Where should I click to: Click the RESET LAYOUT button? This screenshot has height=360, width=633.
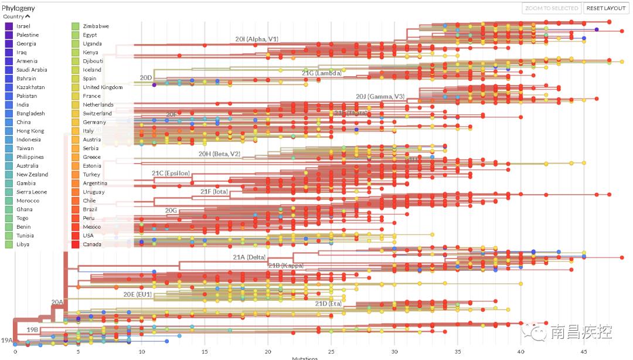pos(606,8)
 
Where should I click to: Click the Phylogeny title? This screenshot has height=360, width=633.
pos(18,8)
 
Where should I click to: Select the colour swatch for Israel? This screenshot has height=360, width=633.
pos(9,26)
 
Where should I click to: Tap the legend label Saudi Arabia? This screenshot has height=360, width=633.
pos(32,70)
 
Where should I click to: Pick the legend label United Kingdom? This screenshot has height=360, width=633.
pos(103,87)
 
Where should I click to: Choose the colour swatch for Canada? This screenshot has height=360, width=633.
pos(76,244)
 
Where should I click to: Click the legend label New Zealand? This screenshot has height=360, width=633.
pos(32,174)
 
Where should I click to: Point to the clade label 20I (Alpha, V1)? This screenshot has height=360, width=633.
pos(256,39)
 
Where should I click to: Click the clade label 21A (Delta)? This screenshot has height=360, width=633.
pos(249,257)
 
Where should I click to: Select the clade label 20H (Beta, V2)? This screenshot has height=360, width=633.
pos(219,154)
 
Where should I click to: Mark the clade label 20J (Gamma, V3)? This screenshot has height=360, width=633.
pos(380,96)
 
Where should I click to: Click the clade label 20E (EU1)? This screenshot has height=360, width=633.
pos(137,294)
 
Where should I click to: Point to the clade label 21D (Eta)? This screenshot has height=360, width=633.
pos(328,304)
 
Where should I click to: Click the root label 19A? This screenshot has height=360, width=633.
pos(7,340)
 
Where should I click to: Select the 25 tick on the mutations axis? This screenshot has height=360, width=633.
pos(331,352)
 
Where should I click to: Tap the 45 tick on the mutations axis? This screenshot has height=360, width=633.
pos(584,352)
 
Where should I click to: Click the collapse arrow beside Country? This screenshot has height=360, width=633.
pos(28,16)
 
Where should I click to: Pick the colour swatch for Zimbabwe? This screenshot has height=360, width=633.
pos(76,26)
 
